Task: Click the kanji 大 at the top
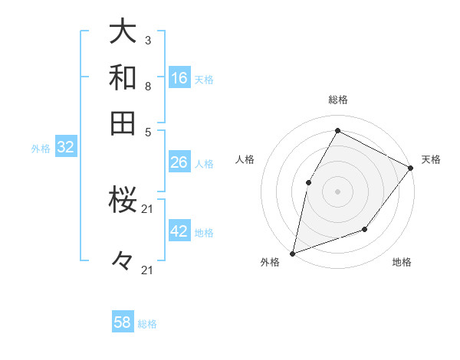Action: pyautogui.click(x=123, y=31)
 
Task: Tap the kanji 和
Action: pyautogui.click(x=123, y=77)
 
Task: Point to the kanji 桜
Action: pyautogui.click(x=123, y=201)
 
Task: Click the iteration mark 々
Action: pyautogui.click(x=123, y=260)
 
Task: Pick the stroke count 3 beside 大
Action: pyautogui.click(x=147, y=40)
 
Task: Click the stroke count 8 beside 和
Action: pyautogui.click(x=147, y=86)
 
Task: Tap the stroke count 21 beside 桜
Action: pyautogui.click(x=147, y=209)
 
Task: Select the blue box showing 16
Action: pyautogui.click(x=179, y=78)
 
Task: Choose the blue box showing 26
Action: pyautogui.click(x=179, y=162)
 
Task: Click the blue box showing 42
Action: pyautogui.click(x=179, y=231)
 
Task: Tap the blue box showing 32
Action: pyautogui.click(x=65, y=148)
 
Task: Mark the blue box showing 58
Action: pyautogui.click(x=123, y=322)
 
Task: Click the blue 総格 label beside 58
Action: pyautogui.click(x=147, y=324)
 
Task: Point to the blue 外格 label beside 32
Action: pyautogui.click(x=40, y=149)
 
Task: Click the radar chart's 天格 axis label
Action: pyautogui.click(x=431, y=159)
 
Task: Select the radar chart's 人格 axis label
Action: pyautogui.click(x=245, y=159)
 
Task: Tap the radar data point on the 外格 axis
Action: pyautogui.click(x=292, y=253)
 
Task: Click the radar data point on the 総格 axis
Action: pyautogui.click(x=337, y=131)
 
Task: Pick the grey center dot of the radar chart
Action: pyautogui.click(x=337, y=191)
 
